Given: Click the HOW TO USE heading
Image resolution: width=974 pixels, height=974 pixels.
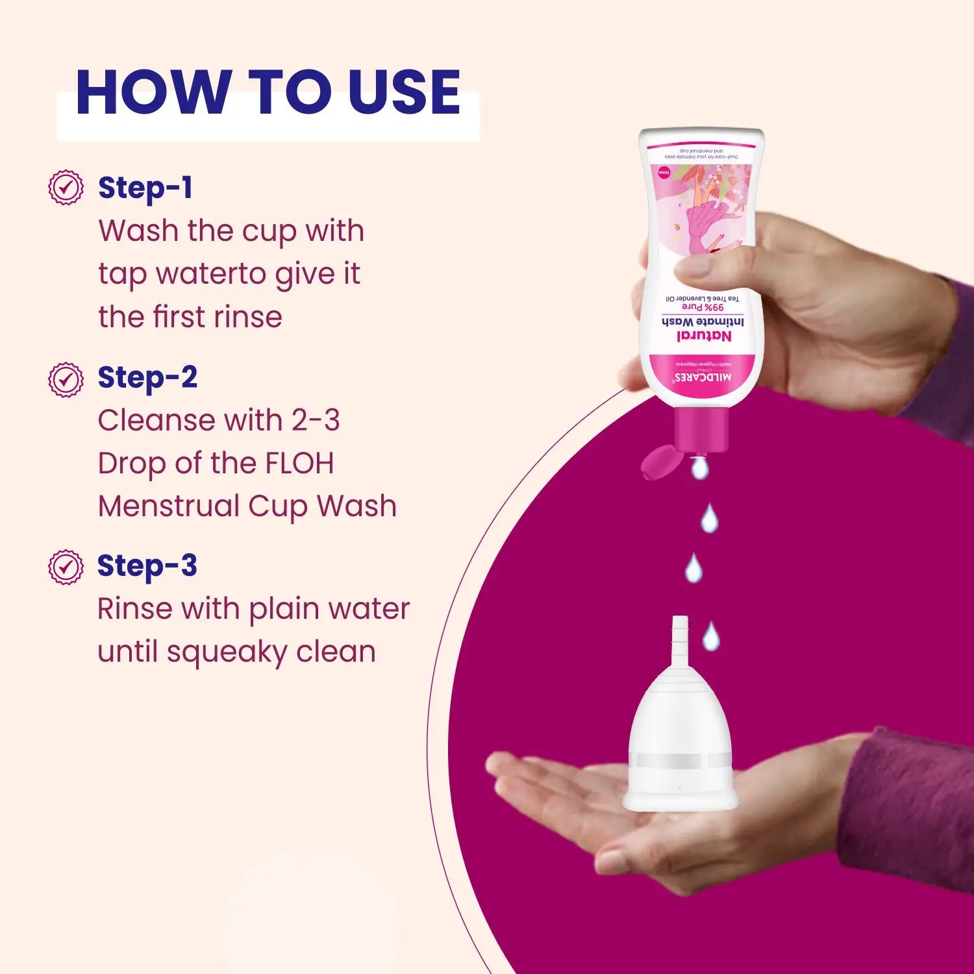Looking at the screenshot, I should tap(268, 92).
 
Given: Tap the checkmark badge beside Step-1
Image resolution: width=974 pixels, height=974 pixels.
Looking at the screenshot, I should tap(66, 188).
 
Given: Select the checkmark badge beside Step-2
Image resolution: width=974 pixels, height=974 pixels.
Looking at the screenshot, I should tap(66, 380).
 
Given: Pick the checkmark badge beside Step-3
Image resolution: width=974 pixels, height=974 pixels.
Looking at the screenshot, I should tap(66, 567).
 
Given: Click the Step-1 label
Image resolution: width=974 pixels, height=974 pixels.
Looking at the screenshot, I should tap(145, 188).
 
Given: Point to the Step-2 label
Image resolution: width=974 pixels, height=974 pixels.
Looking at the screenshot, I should tap(147, 378).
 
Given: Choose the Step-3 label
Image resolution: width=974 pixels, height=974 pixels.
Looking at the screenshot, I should tap(147, 566).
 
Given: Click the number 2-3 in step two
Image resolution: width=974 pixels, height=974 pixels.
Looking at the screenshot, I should tap(315, 421).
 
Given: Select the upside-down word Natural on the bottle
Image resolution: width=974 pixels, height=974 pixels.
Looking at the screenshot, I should tap(704, 336).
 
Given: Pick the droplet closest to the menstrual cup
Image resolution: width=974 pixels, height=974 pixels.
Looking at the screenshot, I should tap(711, 636).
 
